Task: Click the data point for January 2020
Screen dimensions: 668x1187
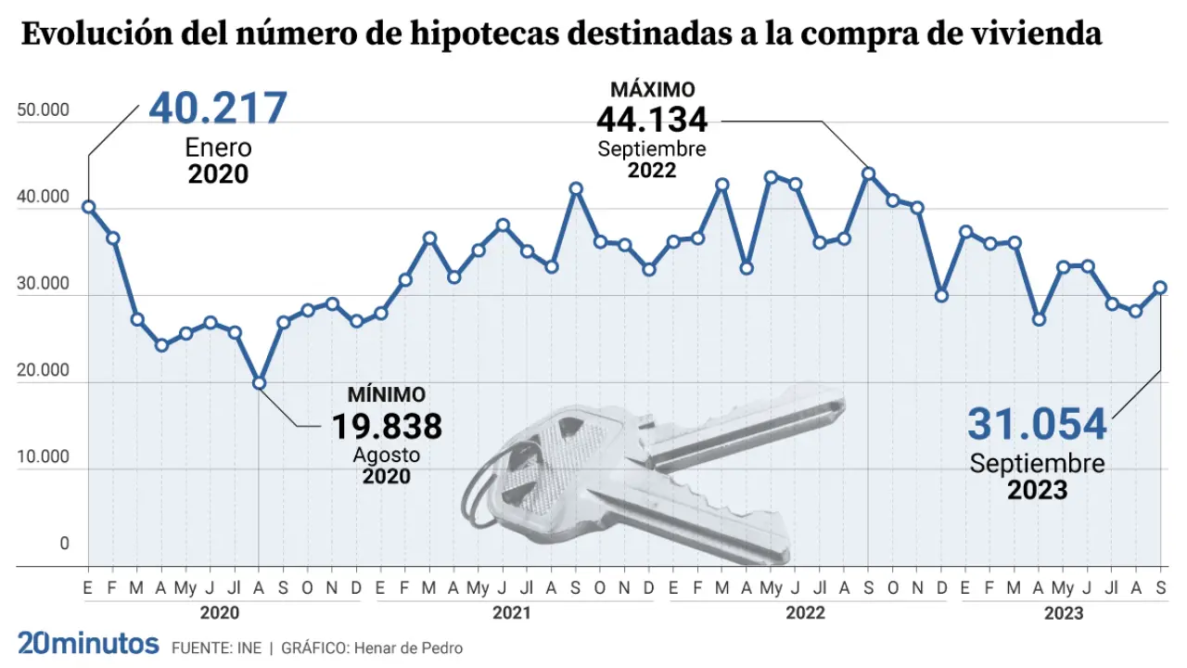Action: coord(88,206)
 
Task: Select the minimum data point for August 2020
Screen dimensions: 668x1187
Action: coord(259,383)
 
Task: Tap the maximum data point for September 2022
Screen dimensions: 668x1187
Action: coord(868,173)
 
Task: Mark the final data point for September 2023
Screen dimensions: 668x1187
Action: coord(1160,288)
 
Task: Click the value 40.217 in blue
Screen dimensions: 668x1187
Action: coord(218,109)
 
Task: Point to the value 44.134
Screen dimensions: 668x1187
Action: coord(652,120)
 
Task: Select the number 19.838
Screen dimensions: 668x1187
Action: coord(387,426)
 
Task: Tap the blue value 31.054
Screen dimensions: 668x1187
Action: coord(1038,425)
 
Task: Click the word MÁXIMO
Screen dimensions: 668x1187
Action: coord(652,90)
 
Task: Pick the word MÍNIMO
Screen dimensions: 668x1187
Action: coord(387,395)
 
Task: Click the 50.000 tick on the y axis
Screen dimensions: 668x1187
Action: coord(44,110)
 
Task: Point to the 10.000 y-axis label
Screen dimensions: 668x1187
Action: coord(44,456)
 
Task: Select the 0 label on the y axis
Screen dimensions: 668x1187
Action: coord(64,544)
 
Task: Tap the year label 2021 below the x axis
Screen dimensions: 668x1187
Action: coord(511,613)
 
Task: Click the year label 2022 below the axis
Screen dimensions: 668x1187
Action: coord(805,613)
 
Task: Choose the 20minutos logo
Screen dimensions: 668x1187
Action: coord(87,642)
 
